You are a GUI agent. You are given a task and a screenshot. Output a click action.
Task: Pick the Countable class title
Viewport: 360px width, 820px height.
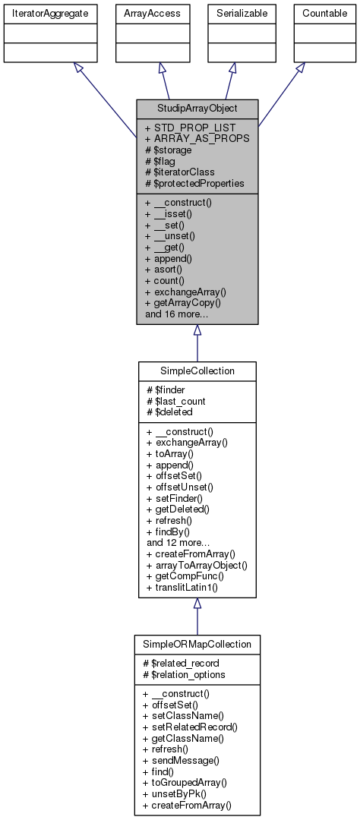click(325, 14)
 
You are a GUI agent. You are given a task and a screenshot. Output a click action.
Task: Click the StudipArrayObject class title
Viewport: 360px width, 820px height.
click(197, 108)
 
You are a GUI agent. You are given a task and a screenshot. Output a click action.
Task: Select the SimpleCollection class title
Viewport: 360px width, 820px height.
click(197, 370)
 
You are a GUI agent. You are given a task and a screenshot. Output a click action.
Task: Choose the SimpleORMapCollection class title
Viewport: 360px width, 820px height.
click(197, 644)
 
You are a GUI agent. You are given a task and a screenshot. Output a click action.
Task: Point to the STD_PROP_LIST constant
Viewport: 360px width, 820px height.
click(190, 128)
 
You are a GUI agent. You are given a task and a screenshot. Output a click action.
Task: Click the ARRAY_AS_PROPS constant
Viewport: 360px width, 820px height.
click(197, 139)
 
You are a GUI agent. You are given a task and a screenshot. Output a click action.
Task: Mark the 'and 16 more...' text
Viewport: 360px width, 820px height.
click(177, 313)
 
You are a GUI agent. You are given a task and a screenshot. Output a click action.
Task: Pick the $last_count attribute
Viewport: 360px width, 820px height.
click(179, 401)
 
